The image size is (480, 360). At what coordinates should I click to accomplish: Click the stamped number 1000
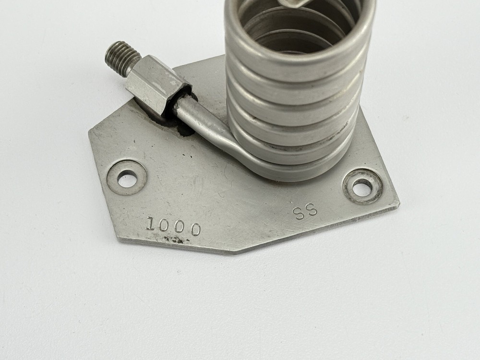point(173,226)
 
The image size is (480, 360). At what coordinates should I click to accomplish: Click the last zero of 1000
point(194,229)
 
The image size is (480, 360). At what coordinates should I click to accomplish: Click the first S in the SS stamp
point(299,213)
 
